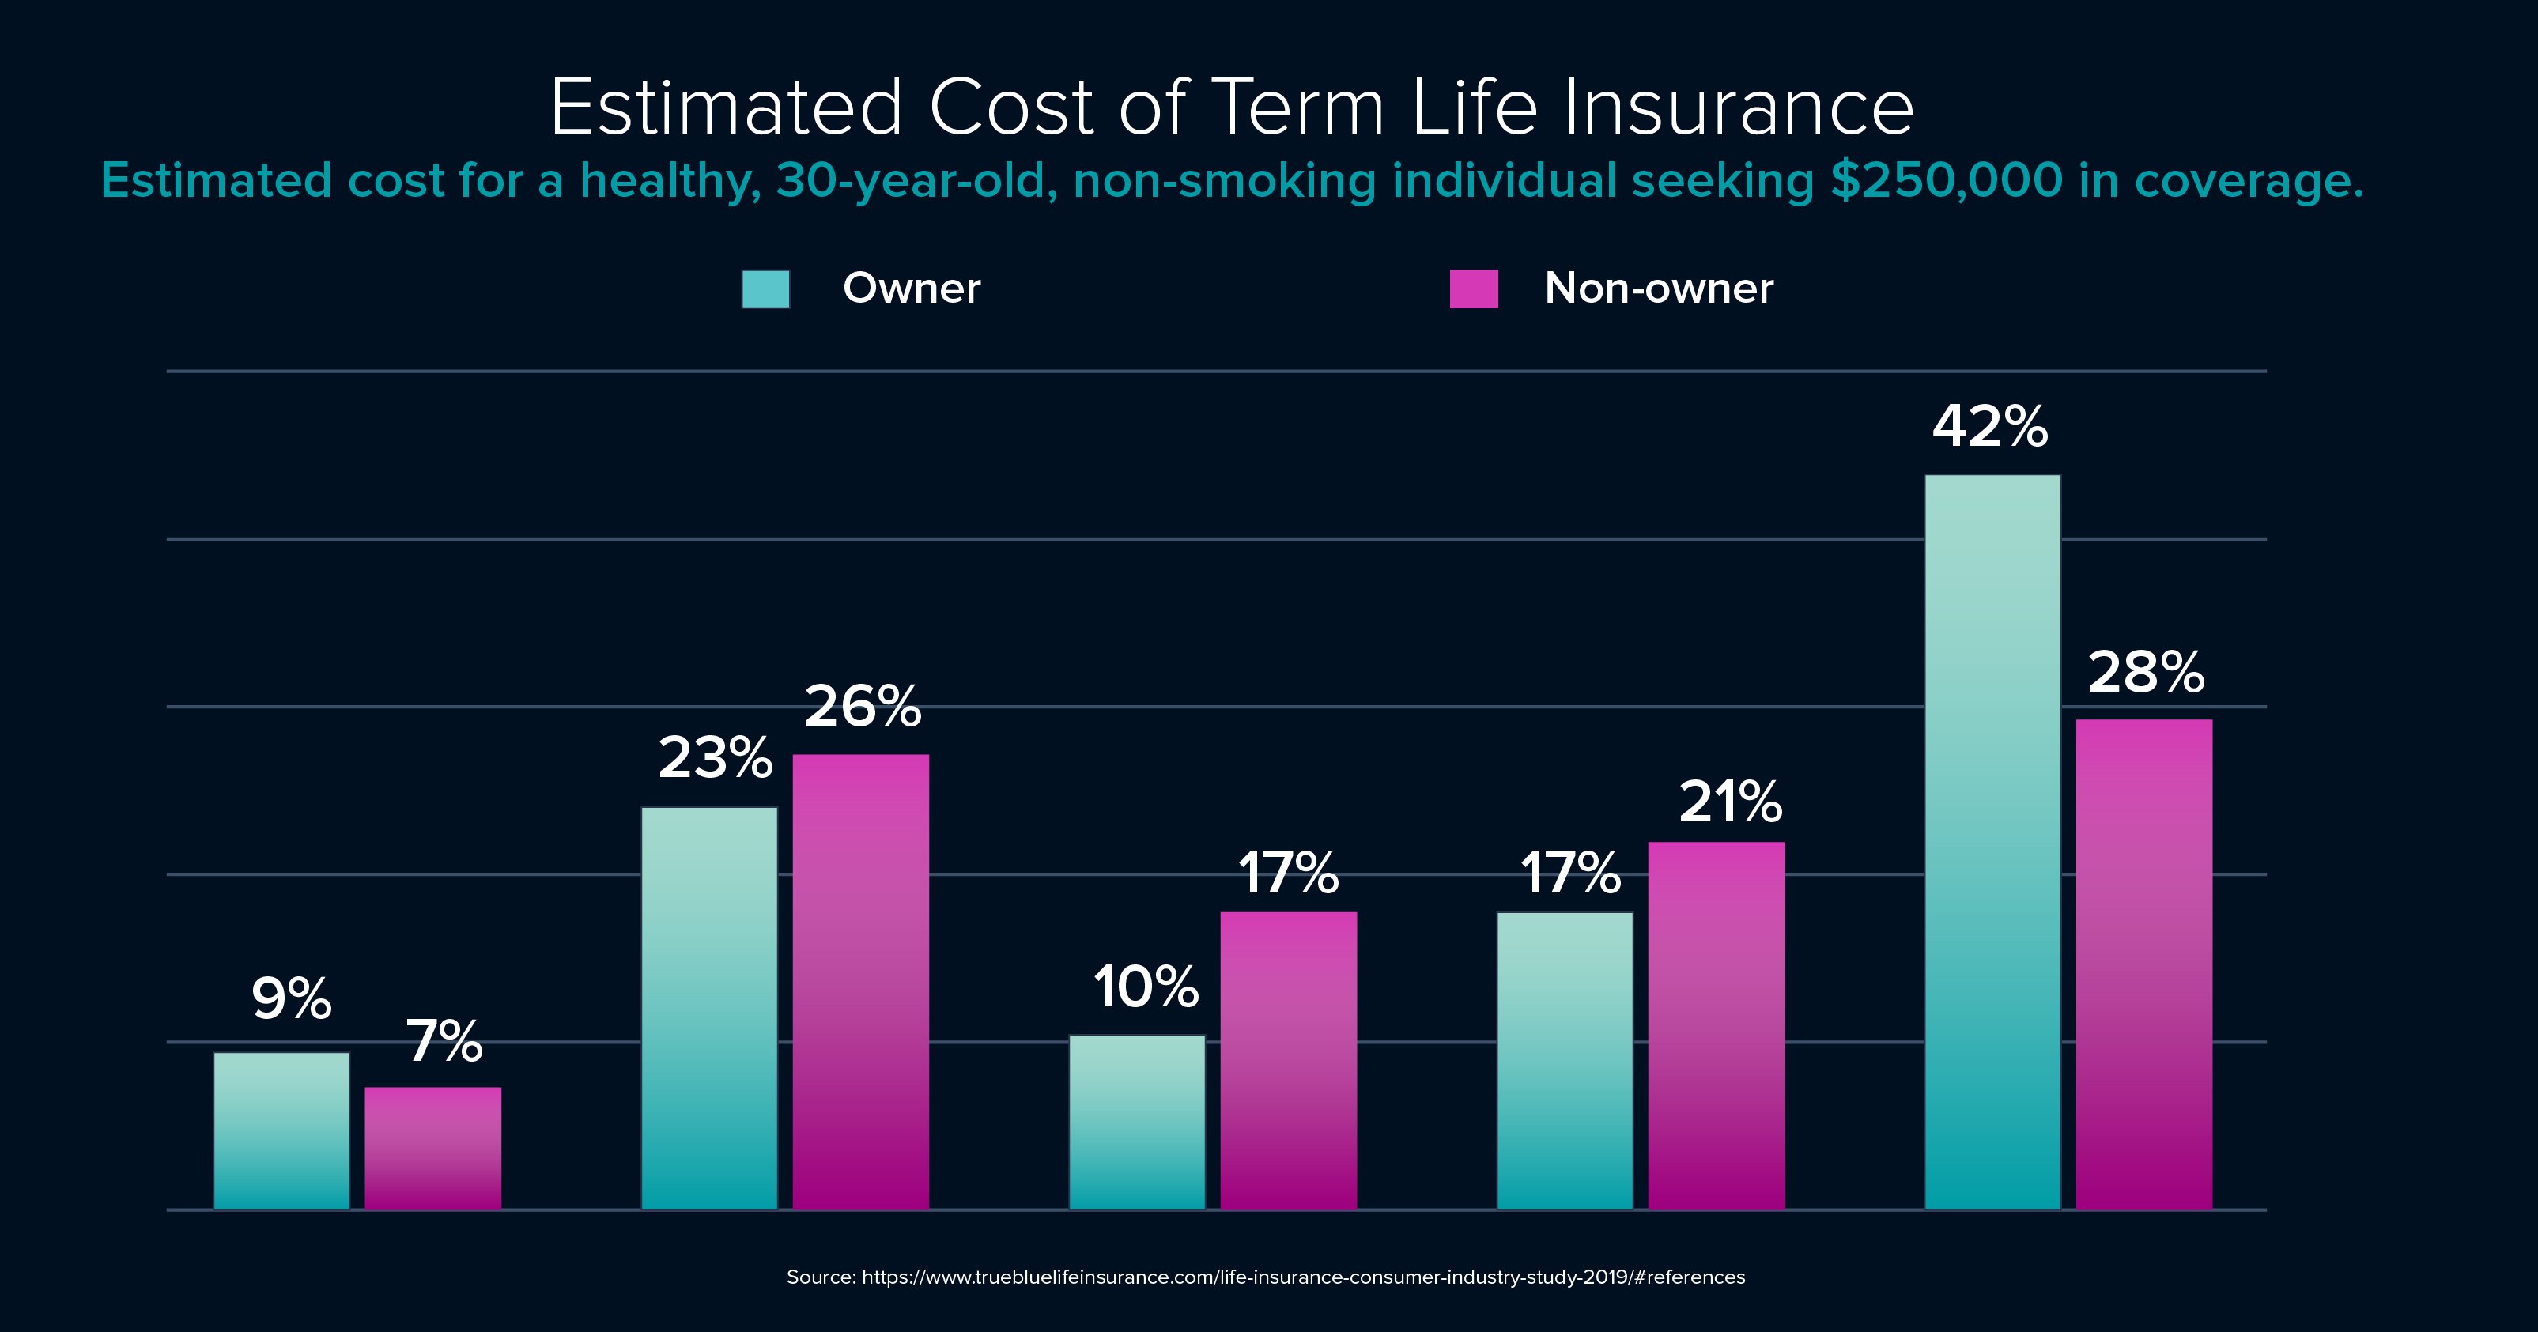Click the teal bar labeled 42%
1992,843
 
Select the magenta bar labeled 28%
2144,964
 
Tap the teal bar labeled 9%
281,1131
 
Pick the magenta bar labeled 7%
433,1149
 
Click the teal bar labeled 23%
709,1009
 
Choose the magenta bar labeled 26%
861,983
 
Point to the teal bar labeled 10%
1137,1123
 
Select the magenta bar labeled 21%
1717,1025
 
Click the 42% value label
1990,428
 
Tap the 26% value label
863,707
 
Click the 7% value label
444,1041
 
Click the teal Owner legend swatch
765,289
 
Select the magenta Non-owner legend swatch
1474,289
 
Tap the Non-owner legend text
1659,289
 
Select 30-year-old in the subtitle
916,180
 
